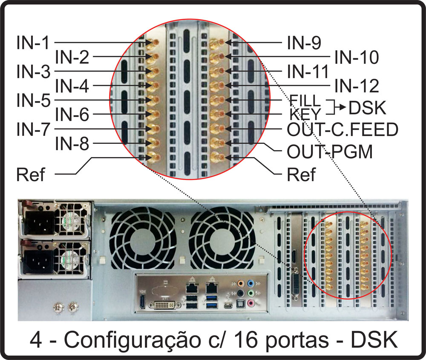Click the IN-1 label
pos(33,43)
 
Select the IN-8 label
pos(72,143)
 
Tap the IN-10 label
pos(357,57)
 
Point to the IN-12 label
pos(357,86)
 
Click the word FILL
pos(305,101)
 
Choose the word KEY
pos(305,114)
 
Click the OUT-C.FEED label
pos(343,129)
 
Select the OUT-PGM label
pos(330,151)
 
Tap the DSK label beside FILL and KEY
pos(367,108)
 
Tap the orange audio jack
pos(240,284)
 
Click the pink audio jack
pos(251,303)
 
